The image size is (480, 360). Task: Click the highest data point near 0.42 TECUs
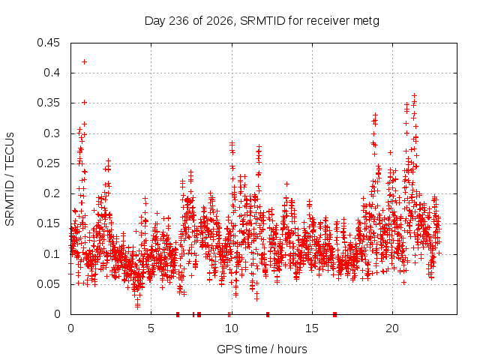click(x=85, y=61)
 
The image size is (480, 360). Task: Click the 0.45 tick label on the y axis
click(x=48, y=43)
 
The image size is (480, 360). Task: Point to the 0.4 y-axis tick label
click(x=52, y=73)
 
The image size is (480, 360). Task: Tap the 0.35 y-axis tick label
click(x=48, y=103)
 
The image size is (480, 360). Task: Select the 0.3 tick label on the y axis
click(x=52, y=133)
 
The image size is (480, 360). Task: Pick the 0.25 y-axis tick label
click(x=48, y=163)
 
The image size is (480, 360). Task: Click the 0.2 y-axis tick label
click(x=52, y=193)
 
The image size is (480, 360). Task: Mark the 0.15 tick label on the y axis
click(x=48, y=223)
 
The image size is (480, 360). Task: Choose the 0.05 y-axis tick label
click(x=48, y=284)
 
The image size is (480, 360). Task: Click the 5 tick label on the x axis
click(x=151, y=328)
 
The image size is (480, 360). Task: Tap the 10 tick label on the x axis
click(x=232, y=328)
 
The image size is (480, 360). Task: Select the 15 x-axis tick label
click(x=312, y=328)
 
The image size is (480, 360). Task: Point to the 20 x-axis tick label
click(x=392, y=328)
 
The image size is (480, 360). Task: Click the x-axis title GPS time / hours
click(x=262, y=349)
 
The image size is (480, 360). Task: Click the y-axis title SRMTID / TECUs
click(x=10, y=179)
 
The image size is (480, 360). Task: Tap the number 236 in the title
click(x=178, y=21)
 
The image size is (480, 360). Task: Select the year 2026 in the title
click(x=220, y=21)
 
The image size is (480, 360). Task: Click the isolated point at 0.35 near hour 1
click(x=85, y=102)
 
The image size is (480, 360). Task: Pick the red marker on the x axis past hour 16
click(x=334, y=314)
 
